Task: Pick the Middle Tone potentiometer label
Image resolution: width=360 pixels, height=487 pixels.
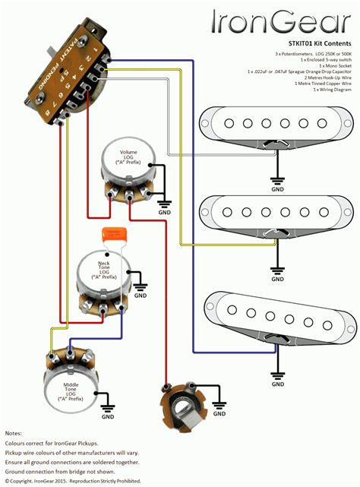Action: pos(74,391)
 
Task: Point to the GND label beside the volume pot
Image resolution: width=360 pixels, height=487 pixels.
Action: pos(164,213)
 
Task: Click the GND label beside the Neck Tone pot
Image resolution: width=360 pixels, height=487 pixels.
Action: pos(141,298)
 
